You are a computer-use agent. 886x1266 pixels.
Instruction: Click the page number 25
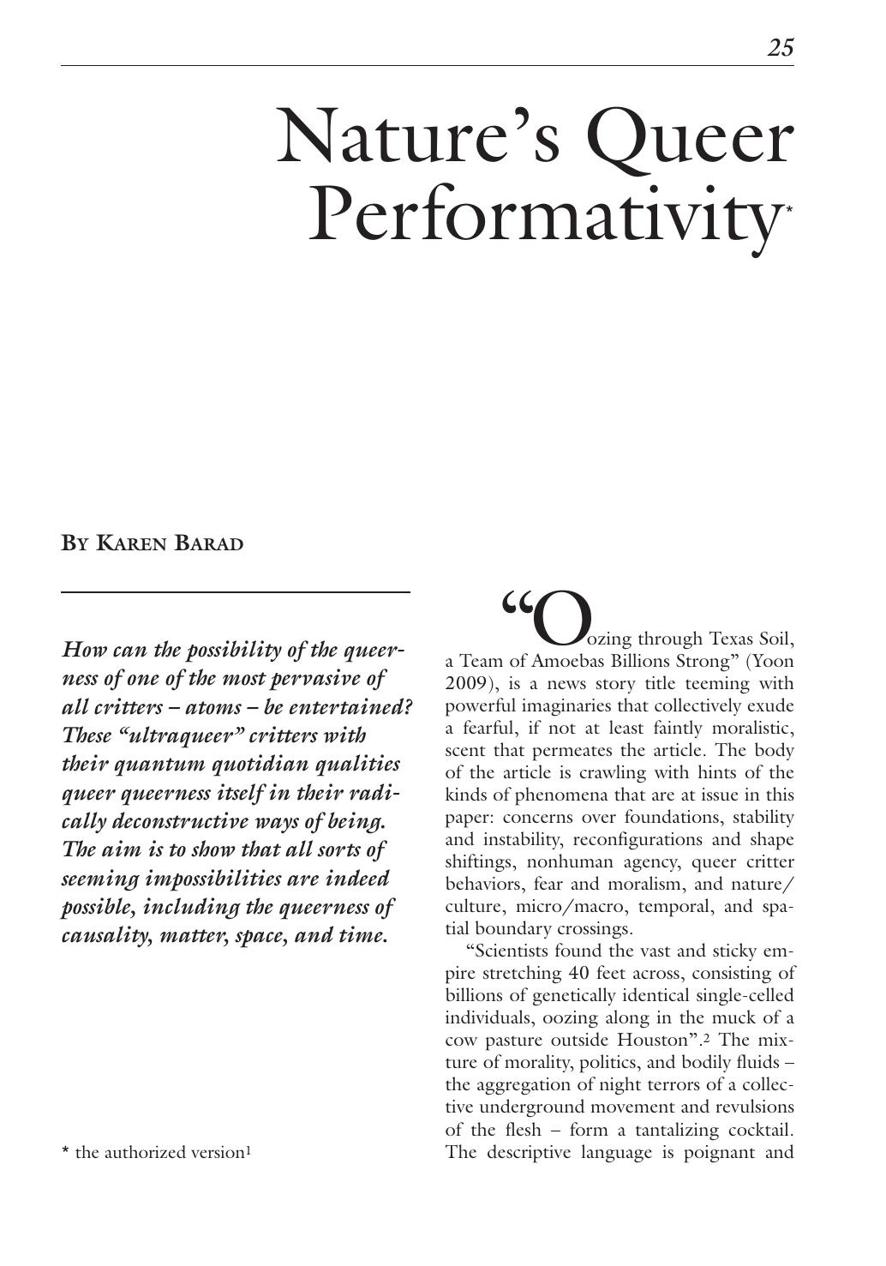point(781,48)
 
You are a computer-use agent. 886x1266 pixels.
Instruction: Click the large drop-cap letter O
point(562,619)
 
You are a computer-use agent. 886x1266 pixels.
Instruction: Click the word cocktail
point(757,1130)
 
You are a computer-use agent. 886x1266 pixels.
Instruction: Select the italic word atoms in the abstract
point(213,707)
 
